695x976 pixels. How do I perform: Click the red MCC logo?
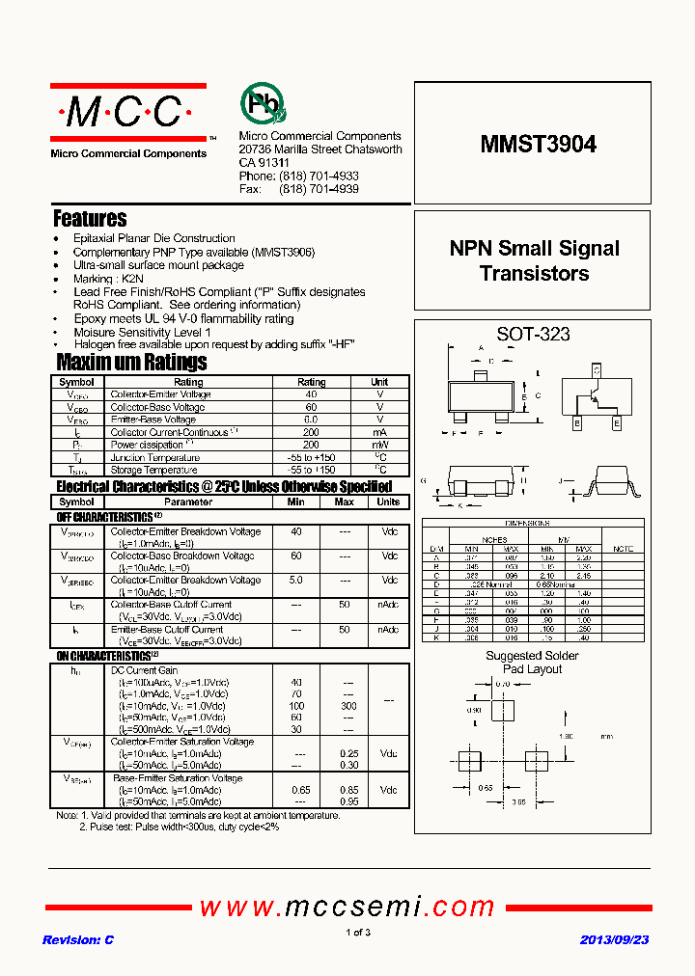pos(127,114)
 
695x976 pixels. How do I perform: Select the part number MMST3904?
pos(538,145)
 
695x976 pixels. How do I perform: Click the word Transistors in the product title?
pos(534,274)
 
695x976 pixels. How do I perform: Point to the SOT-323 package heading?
pos(533,335)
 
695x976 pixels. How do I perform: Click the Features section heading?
pos(90,219)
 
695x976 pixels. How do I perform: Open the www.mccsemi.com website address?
pos(347,907)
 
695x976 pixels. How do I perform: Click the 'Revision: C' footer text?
pos(78,939)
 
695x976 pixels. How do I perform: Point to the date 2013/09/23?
pos(614,939)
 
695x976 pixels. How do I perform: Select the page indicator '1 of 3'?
pos(357,932)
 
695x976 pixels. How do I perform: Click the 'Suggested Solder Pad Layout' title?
pos(533,663)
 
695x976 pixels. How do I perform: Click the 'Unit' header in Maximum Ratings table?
pos(379,382)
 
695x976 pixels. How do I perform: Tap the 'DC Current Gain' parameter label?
pos(145,670)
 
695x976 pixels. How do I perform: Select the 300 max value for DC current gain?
pos(348,706)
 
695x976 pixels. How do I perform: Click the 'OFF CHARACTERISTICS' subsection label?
pos(104,518)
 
